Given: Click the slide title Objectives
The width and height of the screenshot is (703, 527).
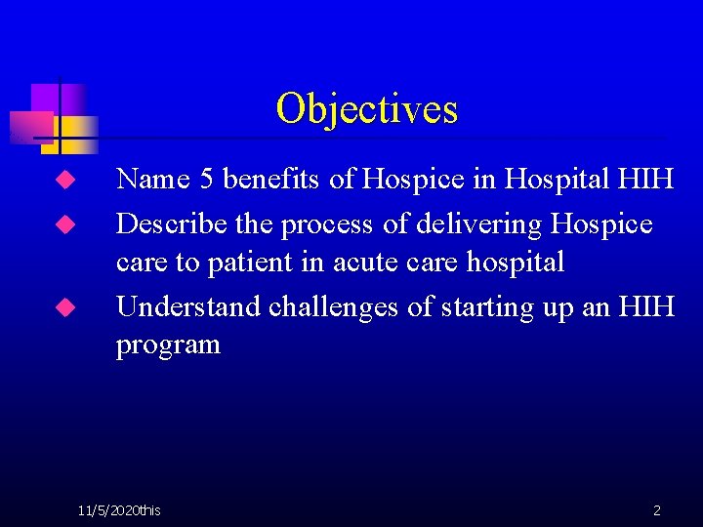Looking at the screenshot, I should [366, 108].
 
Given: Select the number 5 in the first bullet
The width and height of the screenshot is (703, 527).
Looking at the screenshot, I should [206, 180].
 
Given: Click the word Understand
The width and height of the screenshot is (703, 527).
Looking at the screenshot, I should [188, 306].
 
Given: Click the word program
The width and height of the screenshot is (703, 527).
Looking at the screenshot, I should [168, 345].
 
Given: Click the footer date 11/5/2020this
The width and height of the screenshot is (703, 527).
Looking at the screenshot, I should [120, 509].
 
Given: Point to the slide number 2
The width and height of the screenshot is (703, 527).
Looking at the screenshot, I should [656, 509].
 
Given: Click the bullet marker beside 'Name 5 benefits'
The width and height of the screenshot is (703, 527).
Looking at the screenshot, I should [64, 181].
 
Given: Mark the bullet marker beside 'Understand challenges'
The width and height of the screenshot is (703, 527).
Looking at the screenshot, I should [64, 307].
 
